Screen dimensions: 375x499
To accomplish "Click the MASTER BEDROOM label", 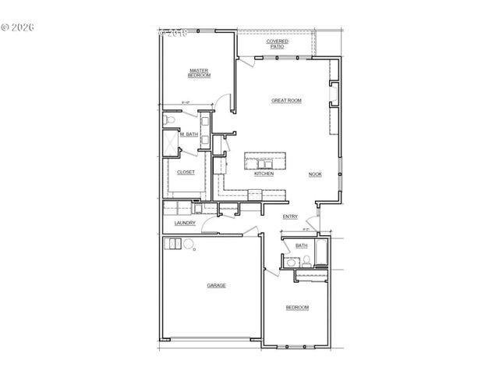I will click(200, 73).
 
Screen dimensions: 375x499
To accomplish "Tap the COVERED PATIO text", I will click(278, 44).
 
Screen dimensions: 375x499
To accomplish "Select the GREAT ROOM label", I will click(286, 101).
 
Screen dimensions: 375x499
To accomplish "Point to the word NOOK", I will click(315, 174).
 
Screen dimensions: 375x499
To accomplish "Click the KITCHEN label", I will click(264, 173).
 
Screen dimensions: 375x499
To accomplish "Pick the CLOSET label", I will click(186, 172).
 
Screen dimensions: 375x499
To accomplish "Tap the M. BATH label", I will click(189, 134).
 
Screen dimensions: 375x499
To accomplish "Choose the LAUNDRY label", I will click(185, 223).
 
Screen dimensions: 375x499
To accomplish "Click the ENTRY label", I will click(290, 216).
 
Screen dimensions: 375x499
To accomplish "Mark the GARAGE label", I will click(216, 285).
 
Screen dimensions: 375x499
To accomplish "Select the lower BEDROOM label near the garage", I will click(297, 307).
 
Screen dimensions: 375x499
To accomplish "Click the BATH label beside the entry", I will click(301, 245).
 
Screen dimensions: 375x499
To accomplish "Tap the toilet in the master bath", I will click(168, 120).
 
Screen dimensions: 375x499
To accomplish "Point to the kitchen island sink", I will click(261, 162).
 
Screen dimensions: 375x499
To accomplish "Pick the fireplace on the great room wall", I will click(334, 95).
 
